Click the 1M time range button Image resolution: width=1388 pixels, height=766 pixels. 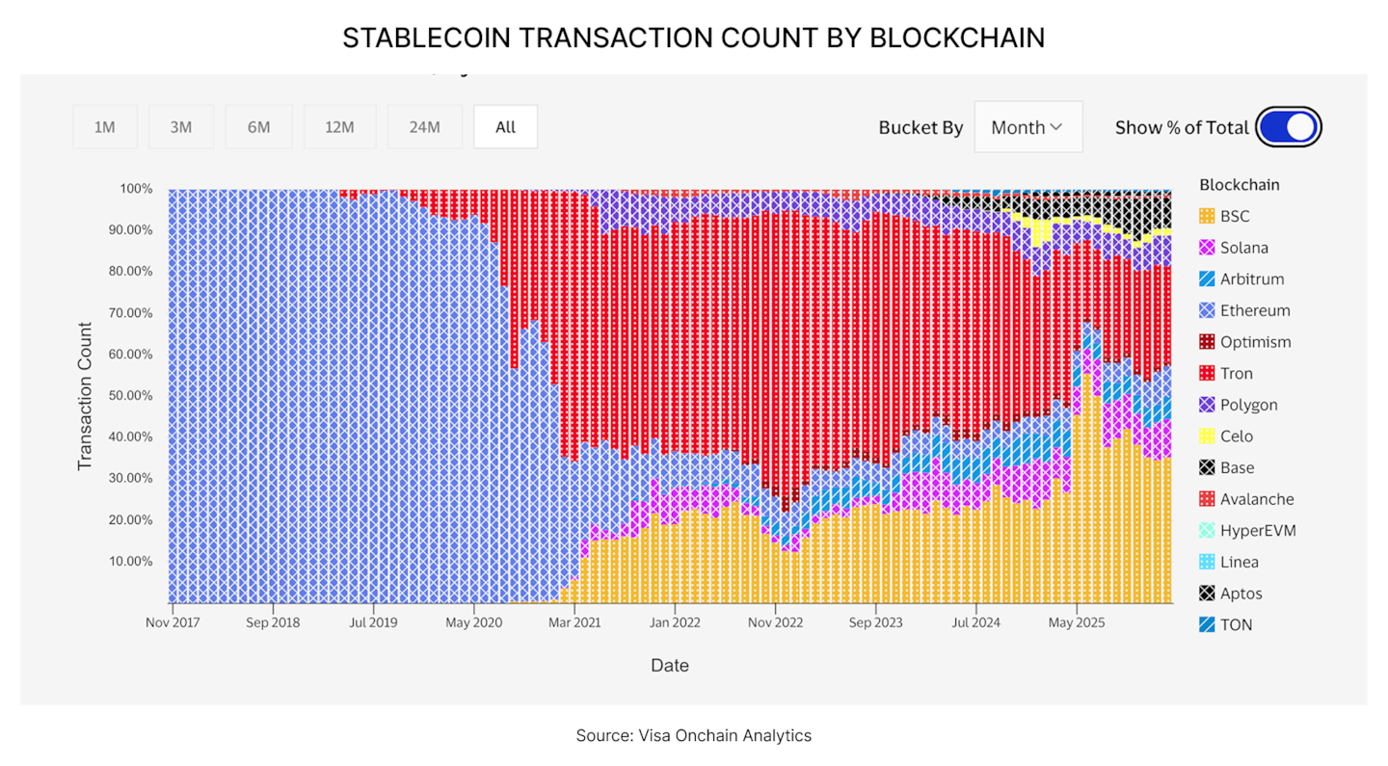coord(105,127)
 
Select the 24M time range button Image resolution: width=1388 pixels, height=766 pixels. coord(424,127)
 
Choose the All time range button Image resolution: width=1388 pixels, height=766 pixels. coord(505,127)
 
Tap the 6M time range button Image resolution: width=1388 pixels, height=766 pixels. coord(258,127)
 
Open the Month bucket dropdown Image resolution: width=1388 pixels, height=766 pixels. coord(1028,127)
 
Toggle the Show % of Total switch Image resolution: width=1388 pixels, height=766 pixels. coord(1288,127)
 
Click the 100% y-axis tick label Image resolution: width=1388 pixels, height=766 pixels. coord(136,189)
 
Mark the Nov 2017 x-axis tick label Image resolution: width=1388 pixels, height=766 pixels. coord(173,622)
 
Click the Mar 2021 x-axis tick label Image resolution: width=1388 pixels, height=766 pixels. coord(574,622)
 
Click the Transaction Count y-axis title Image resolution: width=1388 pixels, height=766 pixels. coord(85,396)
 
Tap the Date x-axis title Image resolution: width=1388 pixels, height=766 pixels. coord(670,666)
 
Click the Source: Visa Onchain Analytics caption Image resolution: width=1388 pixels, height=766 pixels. coord(694,736)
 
